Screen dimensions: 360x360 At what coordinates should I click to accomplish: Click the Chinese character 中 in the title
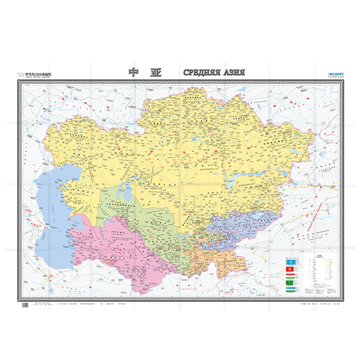tap(135, 72)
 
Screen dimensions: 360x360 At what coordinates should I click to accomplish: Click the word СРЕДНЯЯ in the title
tap(206, 72)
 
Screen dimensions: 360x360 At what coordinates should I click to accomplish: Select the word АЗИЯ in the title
tap(240, 72)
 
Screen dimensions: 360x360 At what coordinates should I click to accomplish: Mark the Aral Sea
tap(125, 183)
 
